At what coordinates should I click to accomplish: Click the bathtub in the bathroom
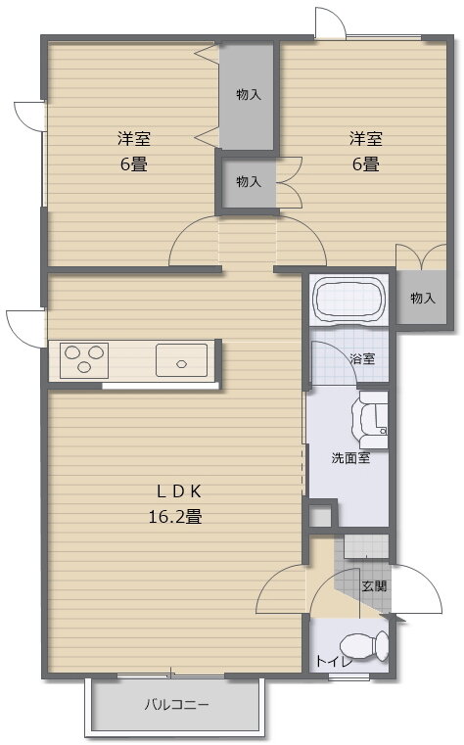349,300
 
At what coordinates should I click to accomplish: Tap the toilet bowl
364,645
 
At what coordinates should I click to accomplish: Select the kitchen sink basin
181,359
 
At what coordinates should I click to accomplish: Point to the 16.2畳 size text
175,516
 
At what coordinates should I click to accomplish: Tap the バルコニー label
176,704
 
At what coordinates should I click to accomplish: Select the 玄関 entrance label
374,585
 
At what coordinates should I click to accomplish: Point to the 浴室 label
362,358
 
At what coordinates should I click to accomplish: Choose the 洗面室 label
350,458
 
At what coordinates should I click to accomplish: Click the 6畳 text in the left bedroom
133,164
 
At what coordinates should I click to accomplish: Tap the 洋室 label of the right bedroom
366,139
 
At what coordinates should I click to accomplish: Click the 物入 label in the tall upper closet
249,95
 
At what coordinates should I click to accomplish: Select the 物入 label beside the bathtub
423,298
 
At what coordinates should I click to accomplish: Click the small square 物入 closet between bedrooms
249,181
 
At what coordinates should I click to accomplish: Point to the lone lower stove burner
84,366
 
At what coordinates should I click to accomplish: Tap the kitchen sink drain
181,364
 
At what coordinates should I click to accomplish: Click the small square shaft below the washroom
320,515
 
